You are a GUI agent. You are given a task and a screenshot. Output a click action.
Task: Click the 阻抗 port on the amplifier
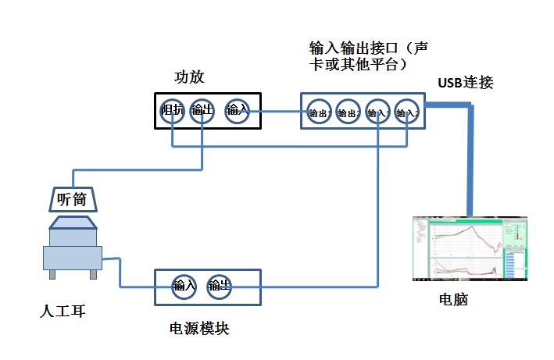click(x=172, y=110)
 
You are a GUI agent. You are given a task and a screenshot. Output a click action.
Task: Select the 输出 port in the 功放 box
click(x=202, y=110)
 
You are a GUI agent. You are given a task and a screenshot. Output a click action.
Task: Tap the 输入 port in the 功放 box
click(x=237, y=110)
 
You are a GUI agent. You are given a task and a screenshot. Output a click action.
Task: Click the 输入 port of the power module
click(x=184, y=286)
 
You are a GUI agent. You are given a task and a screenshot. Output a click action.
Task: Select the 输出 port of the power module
click(x=218, y=286)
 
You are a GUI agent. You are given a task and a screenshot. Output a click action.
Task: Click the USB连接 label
click(x=466, y=82)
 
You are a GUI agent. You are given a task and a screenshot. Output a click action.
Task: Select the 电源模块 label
click(x=199, y=328)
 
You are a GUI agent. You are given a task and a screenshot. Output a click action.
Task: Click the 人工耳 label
click(x=63, y=312)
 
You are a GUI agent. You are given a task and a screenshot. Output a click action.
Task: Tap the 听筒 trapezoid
click(x=72, y=199)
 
